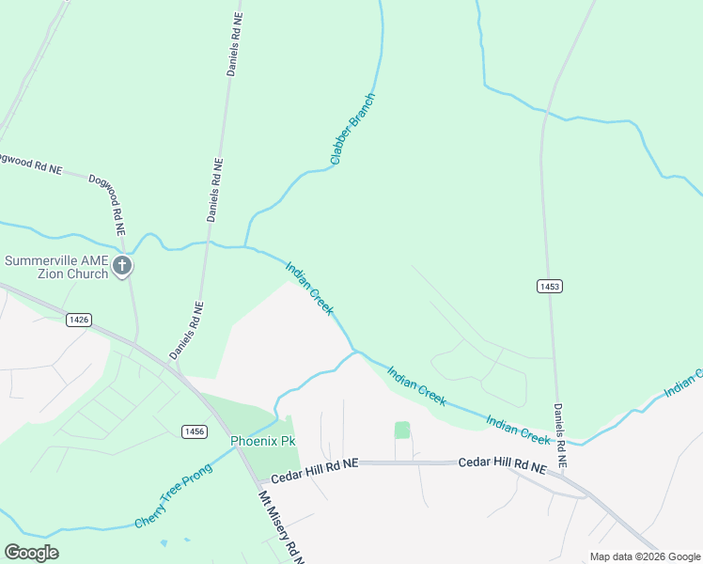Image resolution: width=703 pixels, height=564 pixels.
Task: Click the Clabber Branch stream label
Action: point(353,129)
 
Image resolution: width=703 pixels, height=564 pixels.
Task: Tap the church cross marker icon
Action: point(121,267)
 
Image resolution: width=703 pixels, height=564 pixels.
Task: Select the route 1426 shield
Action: point(79,320)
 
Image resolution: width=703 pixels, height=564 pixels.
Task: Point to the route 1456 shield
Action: point(195,431)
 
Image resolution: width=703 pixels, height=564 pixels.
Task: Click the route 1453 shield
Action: point(551,285)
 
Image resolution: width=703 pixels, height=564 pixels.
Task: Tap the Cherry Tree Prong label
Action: point(174,494)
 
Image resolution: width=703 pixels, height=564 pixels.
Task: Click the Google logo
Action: point(31,552)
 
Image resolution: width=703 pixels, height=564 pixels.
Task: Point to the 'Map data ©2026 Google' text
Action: point(645,556)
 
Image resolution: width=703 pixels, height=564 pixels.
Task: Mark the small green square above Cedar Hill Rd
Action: point(402,430)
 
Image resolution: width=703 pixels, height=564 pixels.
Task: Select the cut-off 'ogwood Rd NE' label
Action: point(30,164)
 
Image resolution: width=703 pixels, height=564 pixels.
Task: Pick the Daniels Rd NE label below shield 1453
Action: point(560,435)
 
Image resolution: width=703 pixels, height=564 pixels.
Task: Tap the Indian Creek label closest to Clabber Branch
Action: point(309,289)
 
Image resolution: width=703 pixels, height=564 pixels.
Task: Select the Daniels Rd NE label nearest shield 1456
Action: point(186,330)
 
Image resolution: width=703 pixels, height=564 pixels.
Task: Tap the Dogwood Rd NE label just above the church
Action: point(107,196)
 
